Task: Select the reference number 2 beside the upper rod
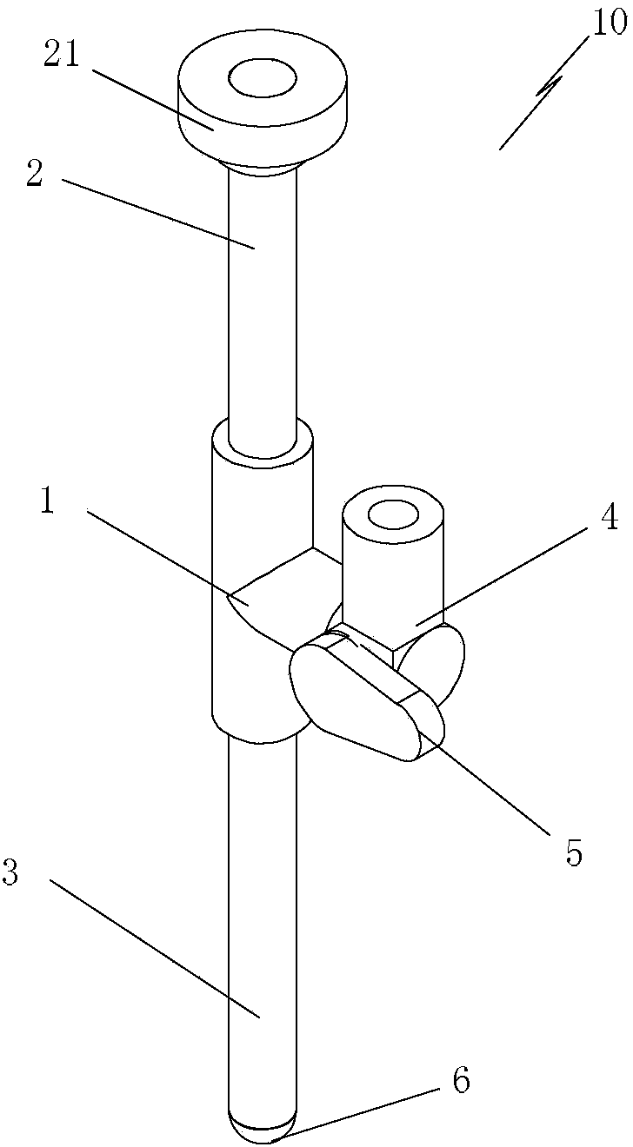click(35, 174)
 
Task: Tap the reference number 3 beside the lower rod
click(10, 873)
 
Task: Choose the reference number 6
click(460, 1081)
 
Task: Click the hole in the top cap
click(262, 78)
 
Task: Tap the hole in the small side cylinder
click(393, 514)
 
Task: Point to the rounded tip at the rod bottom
click(261, 1130)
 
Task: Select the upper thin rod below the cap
click(262, 304)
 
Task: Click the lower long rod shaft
click(261, 912)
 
